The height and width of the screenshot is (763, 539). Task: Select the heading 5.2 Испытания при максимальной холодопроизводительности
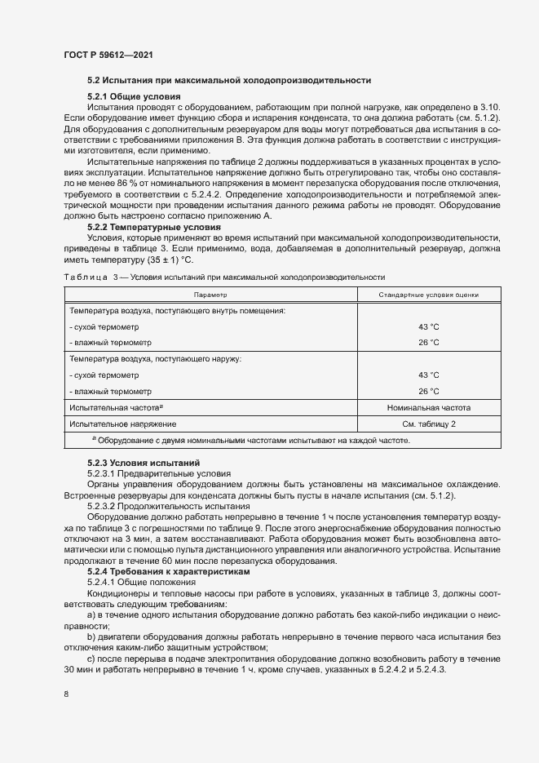tap(229, 80)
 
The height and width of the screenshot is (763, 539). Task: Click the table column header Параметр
tap(210, 295)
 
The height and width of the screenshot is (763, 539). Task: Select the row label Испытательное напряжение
tap(122, 424)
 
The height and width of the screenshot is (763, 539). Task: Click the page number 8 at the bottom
tap(66, 694)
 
